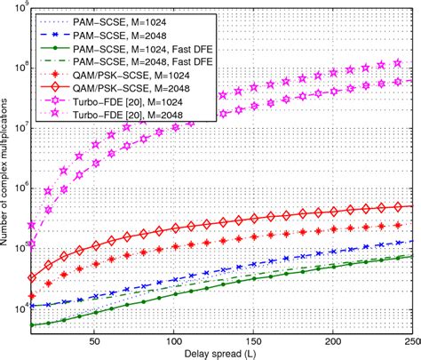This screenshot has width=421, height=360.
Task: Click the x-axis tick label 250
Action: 410,340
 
